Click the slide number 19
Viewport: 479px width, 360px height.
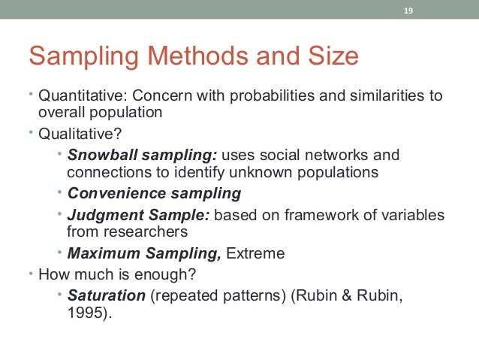[x=408, y=11]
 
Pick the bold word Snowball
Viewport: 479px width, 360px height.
[x=98, y=156]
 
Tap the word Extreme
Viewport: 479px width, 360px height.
[x=256, y=253]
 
